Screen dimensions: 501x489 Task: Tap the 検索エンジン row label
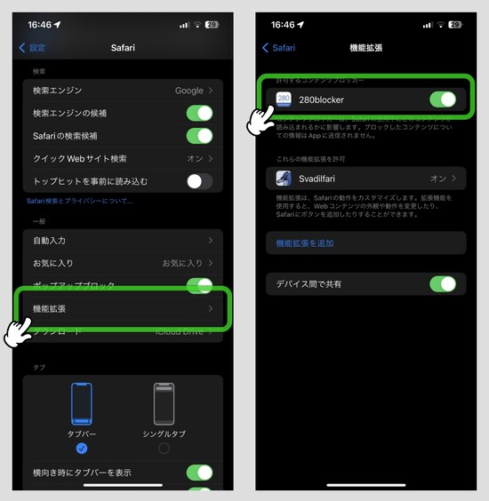click(x=57, y=91)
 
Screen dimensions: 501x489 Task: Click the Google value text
click(x=188, y=91)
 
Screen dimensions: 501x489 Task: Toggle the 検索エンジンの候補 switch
click(x=199, y=114)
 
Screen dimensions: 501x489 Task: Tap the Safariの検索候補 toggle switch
click(x=199, y=136)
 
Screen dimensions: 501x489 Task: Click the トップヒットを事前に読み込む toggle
click(x=199, y=181)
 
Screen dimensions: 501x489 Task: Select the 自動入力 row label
click(x=50, y=241)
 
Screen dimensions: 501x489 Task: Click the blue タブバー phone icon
click(x=82, y=405)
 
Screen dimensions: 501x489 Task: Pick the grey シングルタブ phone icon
click(x=164, y=405)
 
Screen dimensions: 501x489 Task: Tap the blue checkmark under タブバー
click(x=82, y=448)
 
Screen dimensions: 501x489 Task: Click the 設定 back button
click(x=33, y=47)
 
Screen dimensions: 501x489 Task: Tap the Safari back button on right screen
click(x=279, y=47)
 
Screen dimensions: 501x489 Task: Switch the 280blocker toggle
click(x=442, y=99)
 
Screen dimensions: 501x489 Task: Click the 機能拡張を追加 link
click(x=305, y=243)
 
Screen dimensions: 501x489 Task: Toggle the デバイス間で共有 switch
click(x=442, y=284)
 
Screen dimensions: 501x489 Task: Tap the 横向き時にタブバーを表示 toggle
click(x=199, y=473)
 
